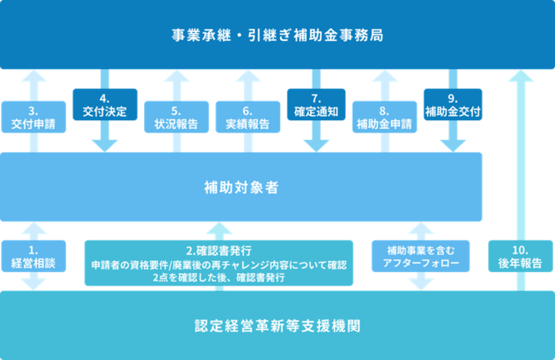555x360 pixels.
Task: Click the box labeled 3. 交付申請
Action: click(x=32, y=117)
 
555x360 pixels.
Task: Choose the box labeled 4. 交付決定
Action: click(x=104, y=105)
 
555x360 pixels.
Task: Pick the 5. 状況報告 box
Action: click(x=176, y=117)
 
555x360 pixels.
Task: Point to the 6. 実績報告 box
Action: click(x=248, y=117)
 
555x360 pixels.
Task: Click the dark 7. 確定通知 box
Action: click(x=316, y=105)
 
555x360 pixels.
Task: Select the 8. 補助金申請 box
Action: click(x=383, y=117)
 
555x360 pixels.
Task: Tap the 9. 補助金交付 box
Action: click(x=453, y=105)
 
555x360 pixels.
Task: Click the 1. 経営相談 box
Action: click(x=32, y=256)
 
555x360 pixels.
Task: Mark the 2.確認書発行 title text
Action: click(x=219, y=250)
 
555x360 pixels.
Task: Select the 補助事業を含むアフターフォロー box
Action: click(x=420, y=256)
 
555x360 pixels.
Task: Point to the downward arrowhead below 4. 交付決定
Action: click(x=104, y=142)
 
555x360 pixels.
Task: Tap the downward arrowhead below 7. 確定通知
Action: click(x=316, y=142)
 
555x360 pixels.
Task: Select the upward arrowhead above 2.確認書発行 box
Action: click(x=219, y=229)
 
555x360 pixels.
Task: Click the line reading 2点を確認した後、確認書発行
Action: click(x=219, y=278)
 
